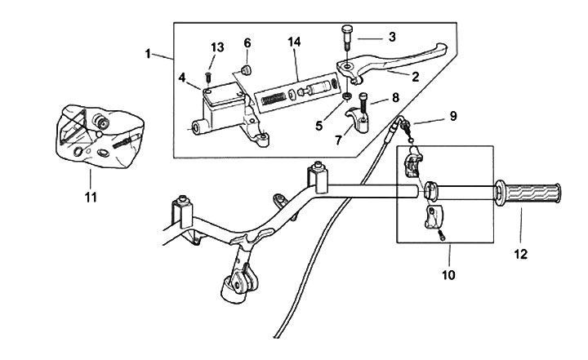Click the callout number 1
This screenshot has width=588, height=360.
click(148, 54)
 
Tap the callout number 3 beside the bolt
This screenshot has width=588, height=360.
click(392, 37)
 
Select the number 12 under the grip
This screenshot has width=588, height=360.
click(520, 254)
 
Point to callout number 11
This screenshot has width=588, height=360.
click(91, 198)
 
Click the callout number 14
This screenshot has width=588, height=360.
click(294, 42)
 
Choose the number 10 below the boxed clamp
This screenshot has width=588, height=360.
click(448, 275)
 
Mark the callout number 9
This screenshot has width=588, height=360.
click(453, 116)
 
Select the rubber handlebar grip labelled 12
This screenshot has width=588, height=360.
click(528, 193)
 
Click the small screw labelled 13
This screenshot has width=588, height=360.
click(209, 78)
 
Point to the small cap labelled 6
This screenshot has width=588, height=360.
click(246, 69)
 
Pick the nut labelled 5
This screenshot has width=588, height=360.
click(347, 97)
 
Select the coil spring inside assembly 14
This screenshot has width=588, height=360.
click(274, 99)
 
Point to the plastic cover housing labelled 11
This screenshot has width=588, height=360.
click(100, 135)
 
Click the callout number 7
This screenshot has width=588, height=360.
click(338, 140)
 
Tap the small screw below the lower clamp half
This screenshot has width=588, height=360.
click(442, 236)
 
